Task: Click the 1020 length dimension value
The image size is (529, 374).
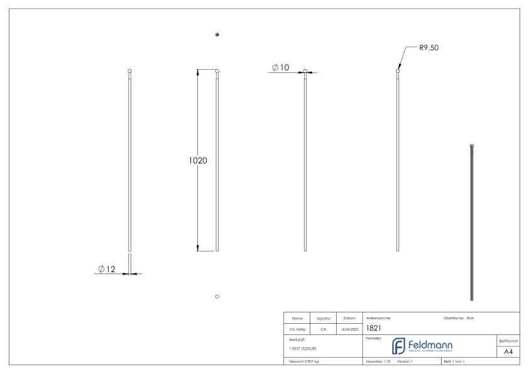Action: click(198, 160)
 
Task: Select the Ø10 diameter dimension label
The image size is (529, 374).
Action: click(280, 68)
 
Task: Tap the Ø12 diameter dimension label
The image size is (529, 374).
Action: click(107, 269)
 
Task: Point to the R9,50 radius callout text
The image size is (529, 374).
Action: click(432, 47)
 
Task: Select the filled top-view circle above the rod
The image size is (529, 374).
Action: click(217, 34)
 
